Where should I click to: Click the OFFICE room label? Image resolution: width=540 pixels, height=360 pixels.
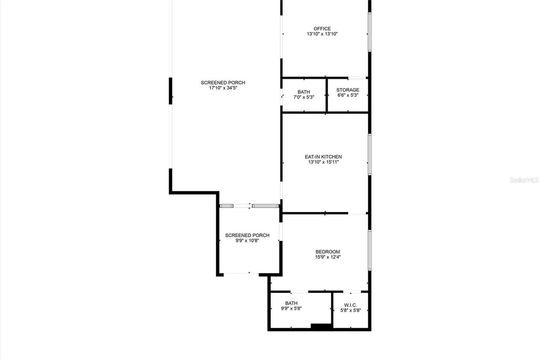322,29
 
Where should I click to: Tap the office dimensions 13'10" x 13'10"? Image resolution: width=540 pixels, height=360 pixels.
322,34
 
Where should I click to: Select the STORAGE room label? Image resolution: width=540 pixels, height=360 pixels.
348,90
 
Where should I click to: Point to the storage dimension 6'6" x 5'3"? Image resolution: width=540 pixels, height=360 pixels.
348,95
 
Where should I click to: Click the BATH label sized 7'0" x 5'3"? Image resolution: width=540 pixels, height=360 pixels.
304,92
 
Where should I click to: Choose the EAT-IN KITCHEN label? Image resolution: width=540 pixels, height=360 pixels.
323,157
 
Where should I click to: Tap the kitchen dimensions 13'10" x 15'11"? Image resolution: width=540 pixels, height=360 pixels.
323,162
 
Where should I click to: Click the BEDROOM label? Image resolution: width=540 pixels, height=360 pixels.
327,252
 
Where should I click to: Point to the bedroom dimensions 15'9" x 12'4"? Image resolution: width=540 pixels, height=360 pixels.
327,257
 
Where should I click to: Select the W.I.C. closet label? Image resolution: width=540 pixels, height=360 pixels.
351,305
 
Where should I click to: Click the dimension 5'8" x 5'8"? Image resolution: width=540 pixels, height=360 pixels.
351,310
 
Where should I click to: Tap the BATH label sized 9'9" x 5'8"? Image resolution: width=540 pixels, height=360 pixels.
291,303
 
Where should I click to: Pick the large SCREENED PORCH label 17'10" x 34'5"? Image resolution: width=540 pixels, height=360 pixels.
223,83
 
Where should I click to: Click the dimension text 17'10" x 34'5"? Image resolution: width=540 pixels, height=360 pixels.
223,88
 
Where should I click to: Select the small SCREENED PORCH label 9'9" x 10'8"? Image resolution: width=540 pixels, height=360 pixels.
247,235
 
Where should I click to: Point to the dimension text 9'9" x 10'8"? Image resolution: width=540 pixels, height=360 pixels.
247,241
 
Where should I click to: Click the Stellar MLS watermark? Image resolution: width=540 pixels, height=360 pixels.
524,180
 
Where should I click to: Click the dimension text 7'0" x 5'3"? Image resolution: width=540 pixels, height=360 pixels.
304,97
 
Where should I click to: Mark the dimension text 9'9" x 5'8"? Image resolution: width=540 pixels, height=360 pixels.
291,308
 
